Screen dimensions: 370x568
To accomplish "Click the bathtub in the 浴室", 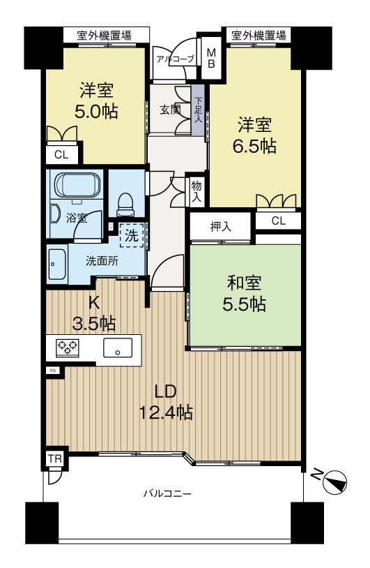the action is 77,184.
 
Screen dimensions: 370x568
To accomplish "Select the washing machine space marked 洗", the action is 132,236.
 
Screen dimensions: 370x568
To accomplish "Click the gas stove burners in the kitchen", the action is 68,347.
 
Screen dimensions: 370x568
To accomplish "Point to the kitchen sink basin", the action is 118,347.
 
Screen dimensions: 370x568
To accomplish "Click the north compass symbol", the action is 335,482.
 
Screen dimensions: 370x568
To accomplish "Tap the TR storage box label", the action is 55,459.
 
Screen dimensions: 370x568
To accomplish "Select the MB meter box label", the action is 211,59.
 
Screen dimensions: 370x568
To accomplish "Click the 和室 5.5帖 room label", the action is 244,294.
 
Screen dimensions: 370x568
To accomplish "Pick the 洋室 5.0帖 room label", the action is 97,100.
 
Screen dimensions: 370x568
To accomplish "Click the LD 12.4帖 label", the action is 166,402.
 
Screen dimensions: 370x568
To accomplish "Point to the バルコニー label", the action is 167,493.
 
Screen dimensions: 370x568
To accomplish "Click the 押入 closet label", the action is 221,227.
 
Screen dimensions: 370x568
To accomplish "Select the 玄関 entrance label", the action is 170,110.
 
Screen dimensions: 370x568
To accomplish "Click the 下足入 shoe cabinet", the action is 198,110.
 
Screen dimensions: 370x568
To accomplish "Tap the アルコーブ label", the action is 176,59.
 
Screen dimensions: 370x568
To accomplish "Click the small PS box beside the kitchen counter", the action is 53,371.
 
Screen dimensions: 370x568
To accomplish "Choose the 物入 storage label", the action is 196,192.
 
